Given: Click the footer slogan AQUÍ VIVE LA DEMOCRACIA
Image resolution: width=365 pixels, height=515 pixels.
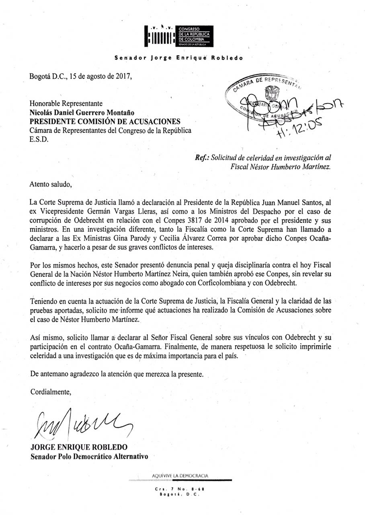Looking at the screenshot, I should point(180,476).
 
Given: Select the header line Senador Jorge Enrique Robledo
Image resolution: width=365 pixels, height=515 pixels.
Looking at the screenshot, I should point(179,58).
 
